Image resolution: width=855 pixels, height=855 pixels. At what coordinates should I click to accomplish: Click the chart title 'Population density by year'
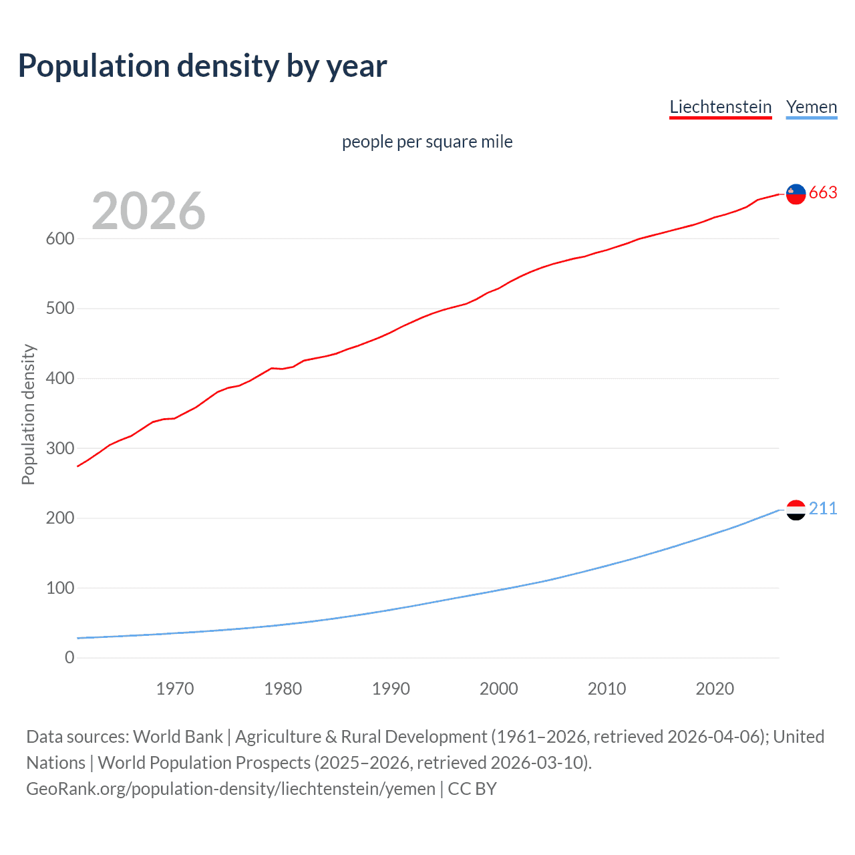pyautogui.click(x=202, y=66)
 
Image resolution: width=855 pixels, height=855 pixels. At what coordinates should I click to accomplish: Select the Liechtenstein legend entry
pyautogui.click(x=720, y=107)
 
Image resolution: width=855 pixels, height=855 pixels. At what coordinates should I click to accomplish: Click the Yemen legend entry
pyautogui.click(x=811, y=107)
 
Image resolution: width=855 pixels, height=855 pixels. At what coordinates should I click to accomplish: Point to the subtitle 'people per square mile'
pyautogui.click(x=427, y=142)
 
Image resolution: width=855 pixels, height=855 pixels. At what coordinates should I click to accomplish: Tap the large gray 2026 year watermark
pyautogui.click(x=148, y=211)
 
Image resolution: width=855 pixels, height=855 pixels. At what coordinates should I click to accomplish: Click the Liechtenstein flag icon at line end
pyautogui.click(x=796, y=194)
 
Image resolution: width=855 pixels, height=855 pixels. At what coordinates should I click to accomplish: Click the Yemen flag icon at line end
pyautogui.click(x=796, y=510)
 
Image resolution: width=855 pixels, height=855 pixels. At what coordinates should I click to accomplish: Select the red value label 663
pyautogui.click(x=823, y=193)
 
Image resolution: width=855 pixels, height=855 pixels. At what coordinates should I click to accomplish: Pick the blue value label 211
pyautogui.click(x=823, y=509)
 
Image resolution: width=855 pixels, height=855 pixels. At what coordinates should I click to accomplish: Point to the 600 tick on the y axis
pyautogui.click(x=60, y=239)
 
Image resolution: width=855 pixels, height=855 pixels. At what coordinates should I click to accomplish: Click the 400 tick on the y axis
pyautogui.click(x=60, y=379)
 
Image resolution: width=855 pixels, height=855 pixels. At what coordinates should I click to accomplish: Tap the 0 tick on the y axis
pyautogui.click(x=69, y=658)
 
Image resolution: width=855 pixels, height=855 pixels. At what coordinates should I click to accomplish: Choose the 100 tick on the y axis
pyautogui.click(x=60, y=588)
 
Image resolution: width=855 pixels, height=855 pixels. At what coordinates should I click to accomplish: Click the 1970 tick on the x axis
pyautogui.click(x=175, y=689)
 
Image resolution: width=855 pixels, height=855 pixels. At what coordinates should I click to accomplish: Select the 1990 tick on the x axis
pyautogui.click(x=391, y=689)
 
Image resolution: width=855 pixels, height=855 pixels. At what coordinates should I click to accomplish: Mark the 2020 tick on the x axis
pyautogui.click(x=715, y=689)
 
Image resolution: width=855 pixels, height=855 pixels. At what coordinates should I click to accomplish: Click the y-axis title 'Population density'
pyautogui.click(x=28, y=414)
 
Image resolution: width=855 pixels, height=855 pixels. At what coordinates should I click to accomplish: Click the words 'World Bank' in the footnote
pyautogui.click(x=178, y=737)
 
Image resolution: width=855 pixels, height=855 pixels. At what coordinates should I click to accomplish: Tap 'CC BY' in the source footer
pyautogui.click(x=472, y=789)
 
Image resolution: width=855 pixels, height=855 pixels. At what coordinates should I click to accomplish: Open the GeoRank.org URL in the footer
pyautogui.click(x=230, y=789)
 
